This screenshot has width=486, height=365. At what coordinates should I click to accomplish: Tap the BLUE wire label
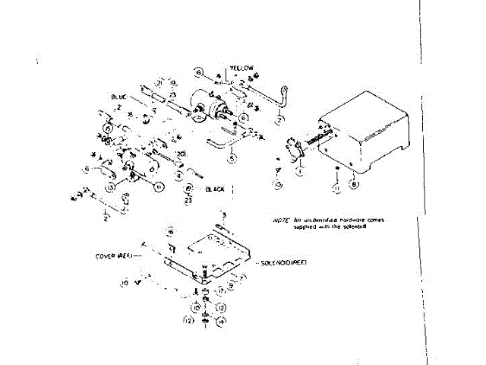click(x=118, y=97)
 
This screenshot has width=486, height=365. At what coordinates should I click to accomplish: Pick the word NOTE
click(x=281, y=220)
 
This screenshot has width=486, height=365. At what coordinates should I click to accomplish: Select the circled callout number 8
click(x=352, y=183)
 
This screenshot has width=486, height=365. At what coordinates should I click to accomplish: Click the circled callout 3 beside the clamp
click(x=279, y=185)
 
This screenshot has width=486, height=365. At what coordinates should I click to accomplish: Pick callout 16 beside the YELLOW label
click(x=198, y=72)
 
